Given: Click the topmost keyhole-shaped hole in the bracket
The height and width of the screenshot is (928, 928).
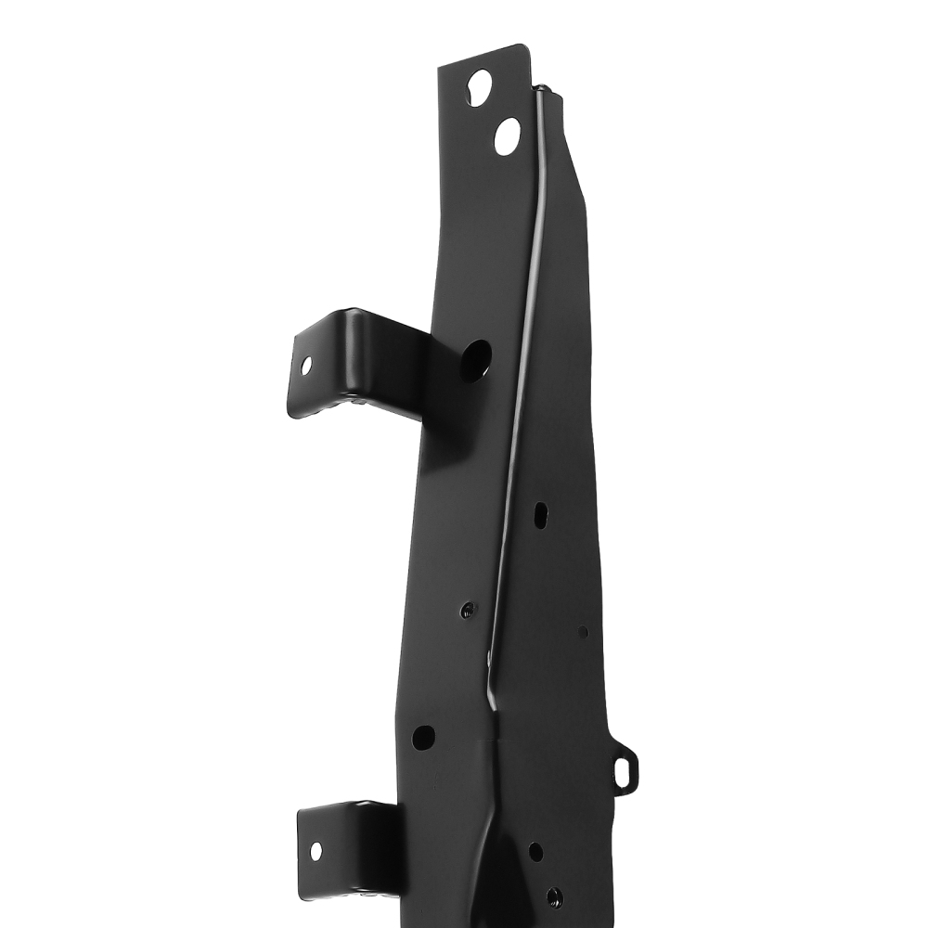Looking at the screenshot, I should point(480,87).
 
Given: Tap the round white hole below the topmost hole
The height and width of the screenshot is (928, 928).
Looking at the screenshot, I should point(508,136).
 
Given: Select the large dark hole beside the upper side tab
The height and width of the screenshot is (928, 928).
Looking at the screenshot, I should point(476,359).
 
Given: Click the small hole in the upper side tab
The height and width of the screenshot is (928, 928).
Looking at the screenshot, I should point(306,366).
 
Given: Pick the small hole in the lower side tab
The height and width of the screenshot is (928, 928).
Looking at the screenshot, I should point(316,849).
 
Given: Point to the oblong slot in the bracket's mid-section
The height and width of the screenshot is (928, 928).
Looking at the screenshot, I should point(540,515).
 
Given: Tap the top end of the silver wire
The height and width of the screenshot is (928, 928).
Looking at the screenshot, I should point(541,90).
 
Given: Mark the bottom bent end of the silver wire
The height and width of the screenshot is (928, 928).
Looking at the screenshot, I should point(493,705).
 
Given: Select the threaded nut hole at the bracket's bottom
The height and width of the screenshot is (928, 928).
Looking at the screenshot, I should point(554,896).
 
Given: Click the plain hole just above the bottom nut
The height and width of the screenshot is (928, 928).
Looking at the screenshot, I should point(535,850).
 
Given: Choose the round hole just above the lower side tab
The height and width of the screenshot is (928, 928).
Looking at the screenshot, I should point(423,738).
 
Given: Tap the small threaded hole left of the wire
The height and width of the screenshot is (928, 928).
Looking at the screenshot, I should point(468,611).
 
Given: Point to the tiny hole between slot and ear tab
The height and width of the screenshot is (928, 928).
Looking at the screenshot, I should point(583,632).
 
